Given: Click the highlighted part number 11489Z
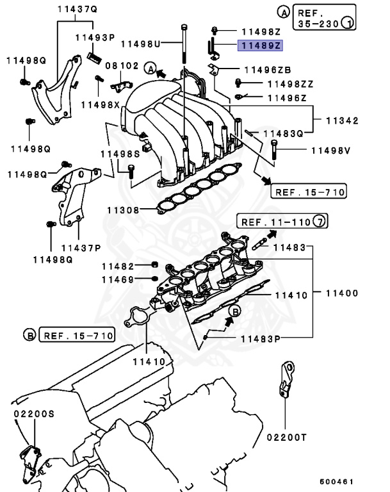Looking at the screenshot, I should [260, 45].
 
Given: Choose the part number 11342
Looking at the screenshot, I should [341, 120].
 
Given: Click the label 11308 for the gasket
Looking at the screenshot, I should [122, 209].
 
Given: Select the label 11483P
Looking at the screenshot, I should [261, 338].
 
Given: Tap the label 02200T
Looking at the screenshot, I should [287, 438].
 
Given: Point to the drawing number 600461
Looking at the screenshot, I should [336, 481].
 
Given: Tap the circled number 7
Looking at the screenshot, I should [320, 222].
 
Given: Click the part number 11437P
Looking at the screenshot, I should [81, 247].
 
